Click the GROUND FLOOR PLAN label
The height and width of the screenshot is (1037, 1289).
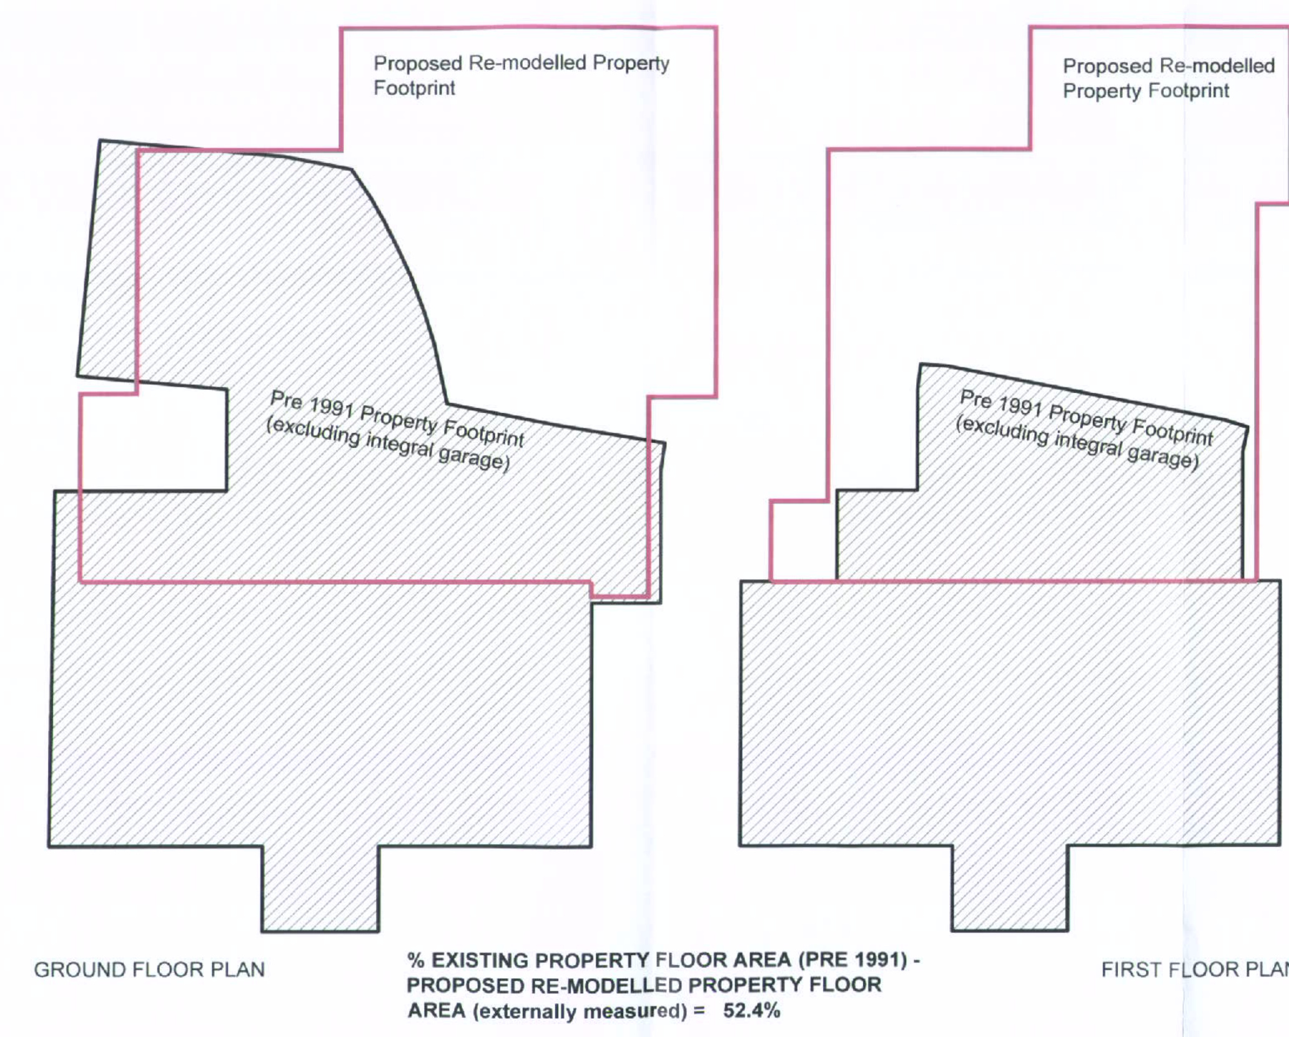(x=149, y=970)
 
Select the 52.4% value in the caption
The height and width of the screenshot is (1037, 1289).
(x=751, y=1011)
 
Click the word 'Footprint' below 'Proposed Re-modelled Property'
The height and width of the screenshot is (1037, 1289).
(x=414, y=88)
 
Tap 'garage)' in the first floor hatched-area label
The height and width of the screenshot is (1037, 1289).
(x=1163, y=458)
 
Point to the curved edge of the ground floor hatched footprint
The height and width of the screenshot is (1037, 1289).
(x=412, y=275)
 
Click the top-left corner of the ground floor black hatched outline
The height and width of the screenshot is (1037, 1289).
(x=100, y=141)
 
